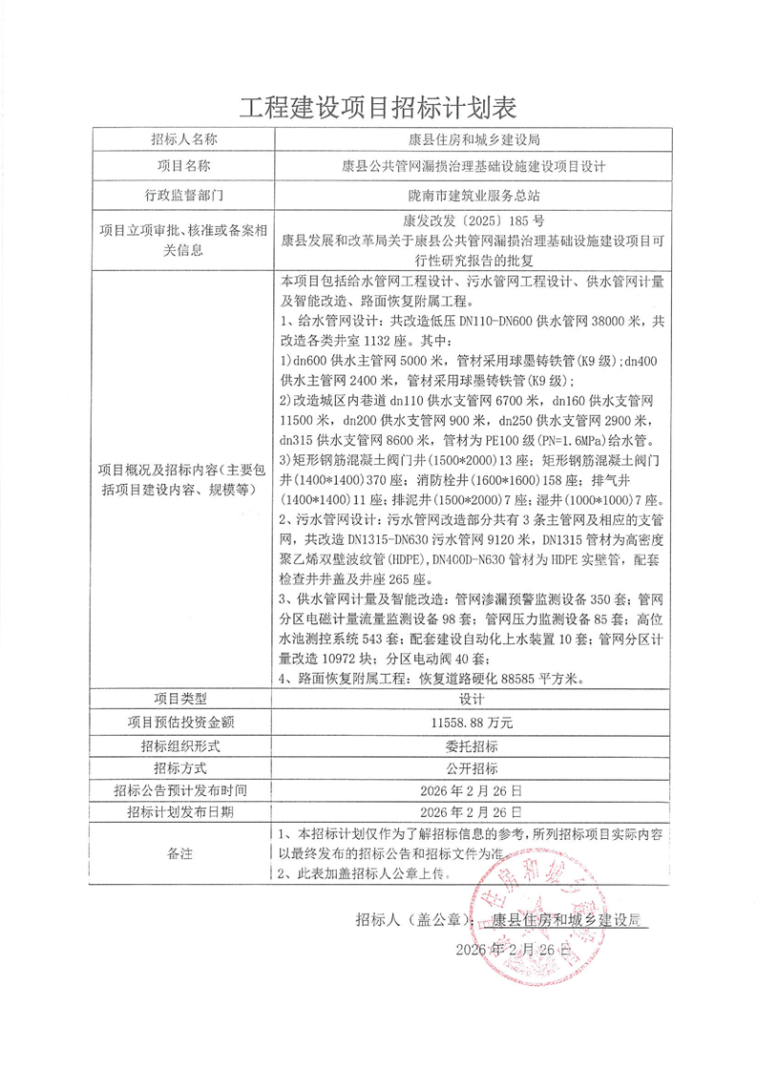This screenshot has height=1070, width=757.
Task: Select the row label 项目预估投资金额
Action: tap(184, 723)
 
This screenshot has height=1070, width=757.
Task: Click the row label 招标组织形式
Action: tap(184, 745)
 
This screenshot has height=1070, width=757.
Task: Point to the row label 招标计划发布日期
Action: tap(184, 812)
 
